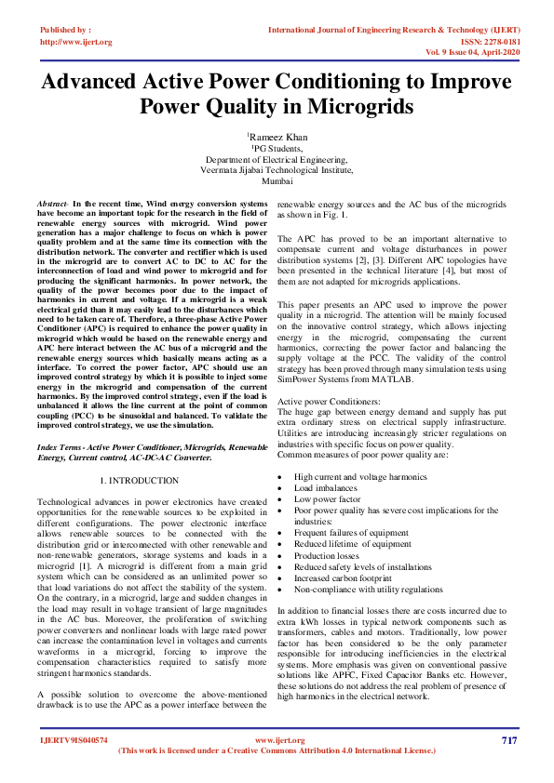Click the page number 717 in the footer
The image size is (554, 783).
pyautogui.click(x=508, y=740)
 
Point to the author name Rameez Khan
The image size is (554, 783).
pyautogui.click(x=277, y=137)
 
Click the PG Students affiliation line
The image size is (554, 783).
pyautogui.click(x=277, y=148)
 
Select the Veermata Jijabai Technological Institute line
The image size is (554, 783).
pyautogui.click(x=277, y=170)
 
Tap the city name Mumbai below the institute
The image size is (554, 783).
pyautogui.click(x=277, y=181)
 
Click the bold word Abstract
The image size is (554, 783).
pyautogui.click(x=51, y=203)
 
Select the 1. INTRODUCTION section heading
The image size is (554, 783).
pyautogui.click(x=138, y=480)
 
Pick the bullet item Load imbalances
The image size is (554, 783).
pyautogui.click(x=325, y=487)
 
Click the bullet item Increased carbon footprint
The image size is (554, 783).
pyautogui.click(x=342, y=577)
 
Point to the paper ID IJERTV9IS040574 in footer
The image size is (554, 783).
pyautogui.click(x=74, y=740)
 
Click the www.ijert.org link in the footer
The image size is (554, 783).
pyautogui.click(x=277, y=740)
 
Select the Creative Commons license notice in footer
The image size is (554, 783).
pyautogui.click(x=277, y=750)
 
